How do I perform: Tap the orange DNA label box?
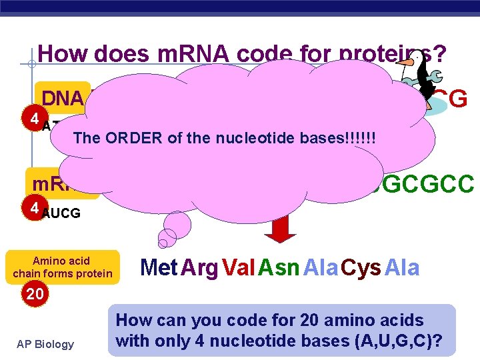pyautogui.click(x=63, y=99)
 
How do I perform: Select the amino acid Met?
pyautogui.click(x=159, y=268)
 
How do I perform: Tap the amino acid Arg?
pyautogui.click(x=199, y=268)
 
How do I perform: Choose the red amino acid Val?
pyautogui.click(x=238, y=268)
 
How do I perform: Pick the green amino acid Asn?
pyautogui.click(x=279, y=268)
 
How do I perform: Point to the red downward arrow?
pyautogui.click(x=283, y=228)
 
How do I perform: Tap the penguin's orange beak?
pyautogui.click(x=406, y=66)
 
